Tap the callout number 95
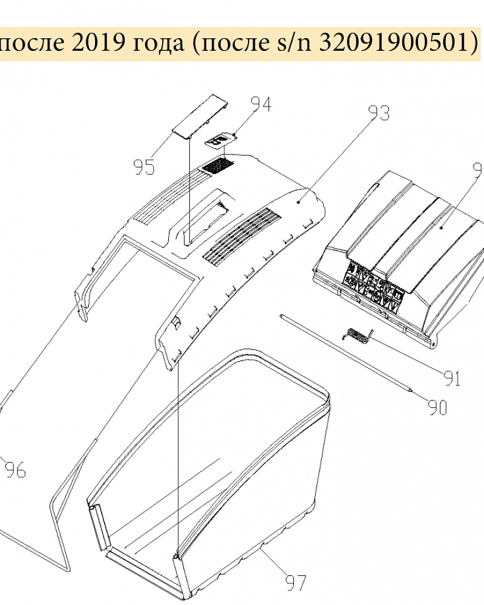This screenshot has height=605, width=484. tap(145, 167)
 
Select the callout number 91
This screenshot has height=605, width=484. tap(452, 379)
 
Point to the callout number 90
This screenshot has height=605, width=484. tap(437, 407)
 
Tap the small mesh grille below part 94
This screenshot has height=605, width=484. tap(217, 165)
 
